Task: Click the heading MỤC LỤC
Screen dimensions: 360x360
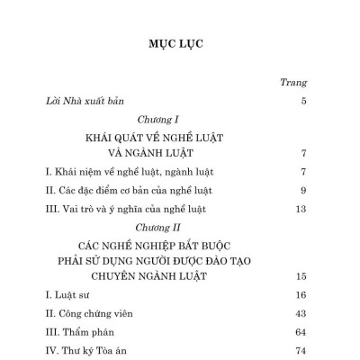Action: [x=179, y=42]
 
